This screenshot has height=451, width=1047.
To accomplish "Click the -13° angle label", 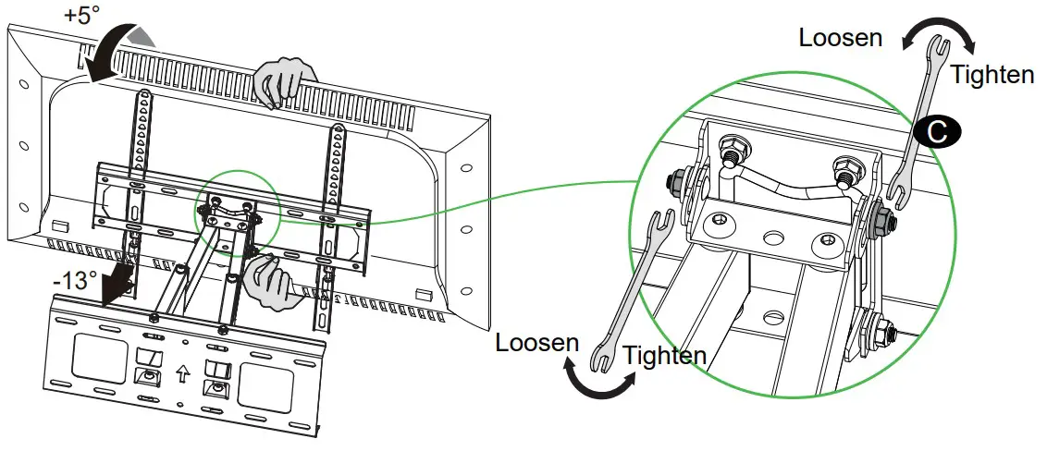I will coord(75,279).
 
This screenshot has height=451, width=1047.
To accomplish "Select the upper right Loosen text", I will coord(841,38).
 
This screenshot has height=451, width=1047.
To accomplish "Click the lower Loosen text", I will coord(537,342).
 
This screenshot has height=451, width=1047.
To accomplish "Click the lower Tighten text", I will coord(665,354).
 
